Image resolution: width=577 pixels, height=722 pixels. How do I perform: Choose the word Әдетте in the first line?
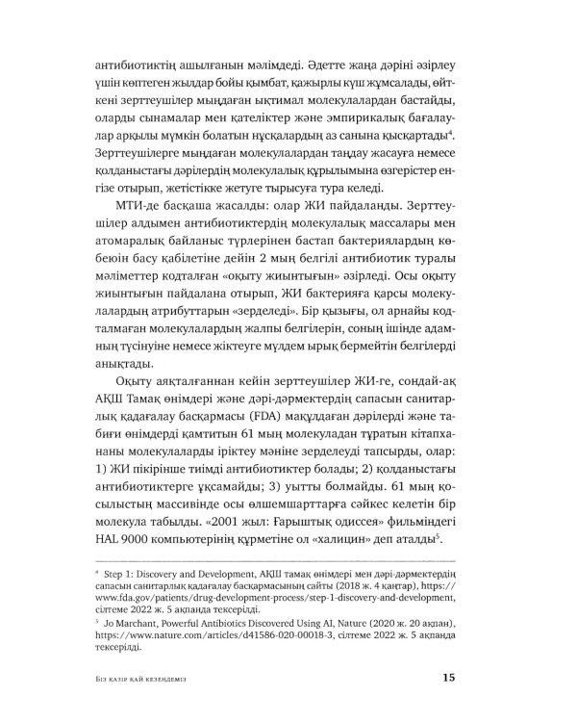314,71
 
